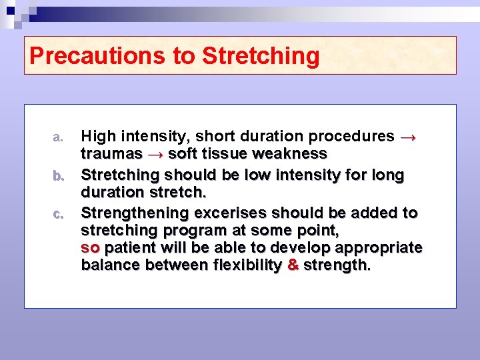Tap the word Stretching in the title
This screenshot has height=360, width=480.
[x=261, y=56]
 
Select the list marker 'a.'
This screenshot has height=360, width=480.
[x=58, y=137]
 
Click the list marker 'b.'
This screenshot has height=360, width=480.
[x=58, y=176]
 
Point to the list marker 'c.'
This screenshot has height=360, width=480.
[x=58, y=215]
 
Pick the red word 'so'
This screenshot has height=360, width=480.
[x=90, y=248]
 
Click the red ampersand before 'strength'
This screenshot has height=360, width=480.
[x=292, y=265]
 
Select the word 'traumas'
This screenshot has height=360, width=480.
[x=111, y=154]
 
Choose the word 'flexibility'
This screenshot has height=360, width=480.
[x=247, y=265]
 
